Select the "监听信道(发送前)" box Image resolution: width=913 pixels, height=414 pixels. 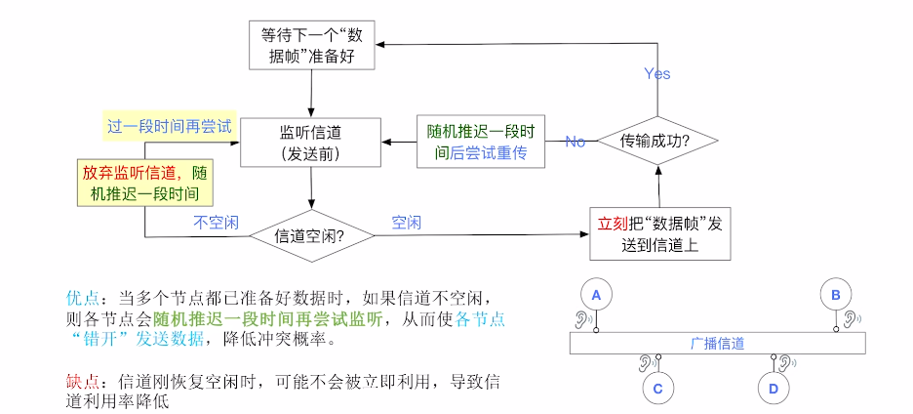point(310,143)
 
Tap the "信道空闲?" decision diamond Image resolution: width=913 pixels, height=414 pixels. point(311,235)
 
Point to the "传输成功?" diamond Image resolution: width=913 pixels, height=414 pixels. point(656,142)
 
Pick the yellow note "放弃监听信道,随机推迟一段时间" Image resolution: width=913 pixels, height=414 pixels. point(145,183)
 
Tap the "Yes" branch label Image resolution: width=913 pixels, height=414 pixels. point(656,74)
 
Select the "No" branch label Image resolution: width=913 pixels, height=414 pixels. point(575,142)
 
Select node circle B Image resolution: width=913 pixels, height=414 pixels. point(836,292)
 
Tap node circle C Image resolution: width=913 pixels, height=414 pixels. point(658,389)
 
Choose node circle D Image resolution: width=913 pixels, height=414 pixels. point(773,389)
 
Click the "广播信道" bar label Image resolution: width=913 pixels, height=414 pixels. point(718,343)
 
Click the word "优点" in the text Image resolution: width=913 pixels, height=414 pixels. point(82,297)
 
